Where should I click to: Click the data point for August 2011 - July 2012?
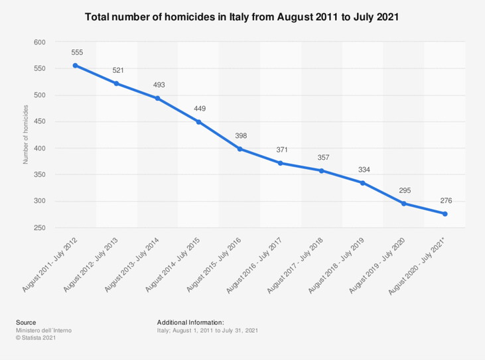pyautogui.click(x=76, y=65)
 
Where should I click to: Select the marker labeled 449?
pyautogui.click(x=198, y=122)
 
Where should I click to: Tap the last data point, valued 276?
pyautogui.click(x=445, y=213)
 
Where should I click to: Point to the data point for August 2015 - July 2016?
pyautogui.click(x=240, y=149)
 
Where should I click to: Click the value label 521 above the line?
pyautogui.click(x=117, y=70)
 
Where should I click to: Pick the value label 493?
pyautogui.click(x=158, y=85)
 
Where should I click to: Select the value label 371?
pyautogui.click(x=281, y=150)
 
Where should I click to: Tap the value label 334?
pyautogui.click(x=363, y=170)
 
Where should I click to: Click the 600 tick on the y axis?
pyautogui.click(x=39, y=42)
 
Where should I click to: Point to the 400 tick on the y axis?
pyautogui.click(x=39, y=148)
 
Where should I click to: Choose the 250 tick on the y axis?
pyautogui.click(x=39, y=227)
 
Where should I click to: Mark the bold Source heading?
pyautogui.click(x=26, y=322)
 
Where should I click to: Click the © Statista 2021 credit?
pyautogui.click(x=35, y=337)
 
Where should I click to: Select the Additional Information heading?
pyautogui.click(x=190, y=322)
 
